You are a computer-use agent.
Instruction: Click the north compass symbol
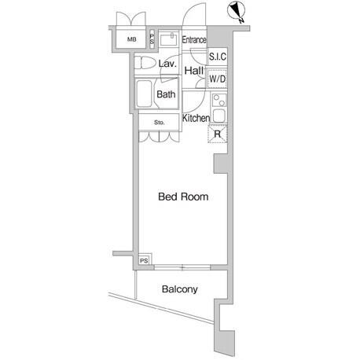click(x=237, y=12)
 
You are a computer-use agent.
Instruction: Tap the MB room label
click(x=132, y=39)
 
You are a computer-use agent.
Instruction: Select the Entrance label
click(x=194, y=40)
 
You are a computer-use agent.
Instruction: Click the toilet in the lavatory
click(x=145, y=63)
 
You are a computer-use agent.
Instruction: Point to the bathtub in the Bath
click(x=144, y=94)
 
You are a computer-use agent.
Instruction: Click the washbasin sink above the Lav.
click(x=168, y=39)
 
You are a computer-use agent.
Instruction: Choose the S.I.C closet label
click(x=218, y=57)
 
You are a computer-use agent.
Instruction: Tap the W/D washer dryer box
click(x=218, y=79)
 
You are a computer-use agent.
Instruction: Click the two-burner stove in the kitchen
click(x=219, y=101)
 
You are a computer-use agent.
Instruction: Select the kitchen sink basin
click(x=219, y=116)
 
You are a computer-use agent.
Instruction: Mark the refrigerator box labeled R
click(x=217, y=134)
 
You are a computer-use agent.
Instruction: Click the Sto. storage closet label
click(x=159, y=123)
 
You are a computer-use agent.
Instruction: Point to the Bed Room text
click(x=183, y=197)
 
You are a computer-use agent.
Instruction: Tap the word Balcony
click(x=180, y=289)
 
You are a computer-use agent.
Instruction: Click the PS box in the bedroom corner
click(x=145, y=259)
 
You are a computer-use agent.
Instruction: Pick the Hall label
click(x=194, y=71)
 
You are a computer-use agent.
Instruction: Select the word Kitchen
click(x=196, y=118)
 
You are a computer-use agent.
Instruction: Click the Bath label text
click(x=166, y=94)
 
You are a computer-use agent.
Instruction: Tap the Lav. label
click(x=167, y=64)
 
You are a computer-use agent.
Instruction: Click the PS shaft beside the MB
click(x=152, y=39)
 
